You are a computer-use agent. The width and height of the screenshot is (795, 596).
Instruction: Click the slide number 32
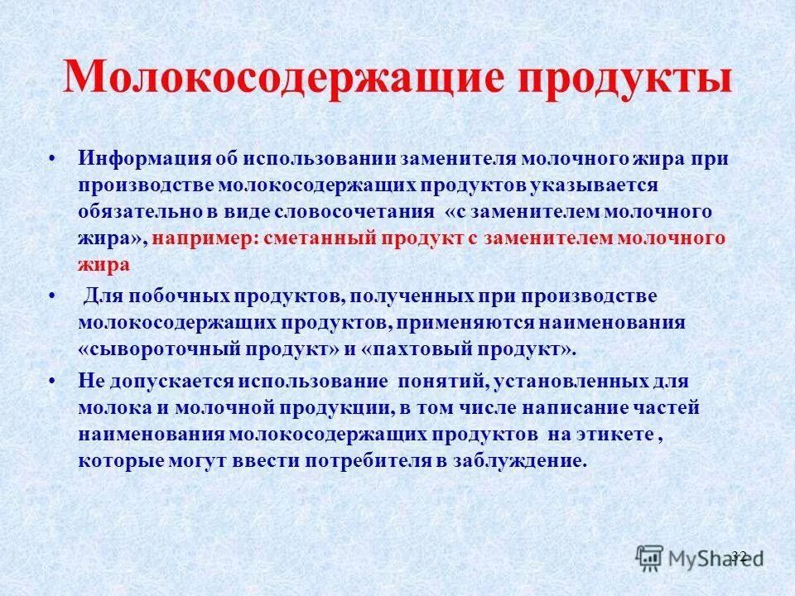click(x=740, y=555)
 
